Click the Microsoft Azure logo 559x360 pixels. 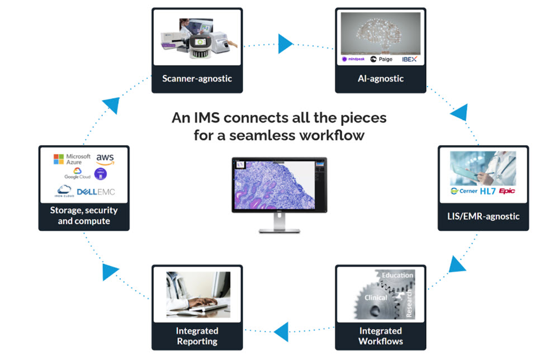click(72, 159)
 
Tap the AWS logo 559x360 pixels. click(105, 159)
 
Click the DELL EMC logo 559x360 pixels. click(95, 192)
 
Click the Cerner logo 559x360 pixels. click(464, 191)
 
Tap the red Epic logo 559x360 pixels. click(507, 191)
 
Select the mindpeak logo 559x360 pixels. click(353, 59)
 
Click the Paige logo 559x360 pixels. click(382, 59)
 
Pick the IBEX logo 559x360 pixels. click(409, 58)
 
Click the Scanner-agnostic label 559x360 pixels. click(197, 78)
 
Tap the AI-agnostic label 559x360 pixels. click(380, 78)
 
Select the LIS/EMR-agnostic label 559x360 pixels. click(483, 216)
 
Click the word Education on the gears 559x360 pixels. click(397, 275)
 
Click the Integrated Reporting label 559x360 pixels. click(197, 336)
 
